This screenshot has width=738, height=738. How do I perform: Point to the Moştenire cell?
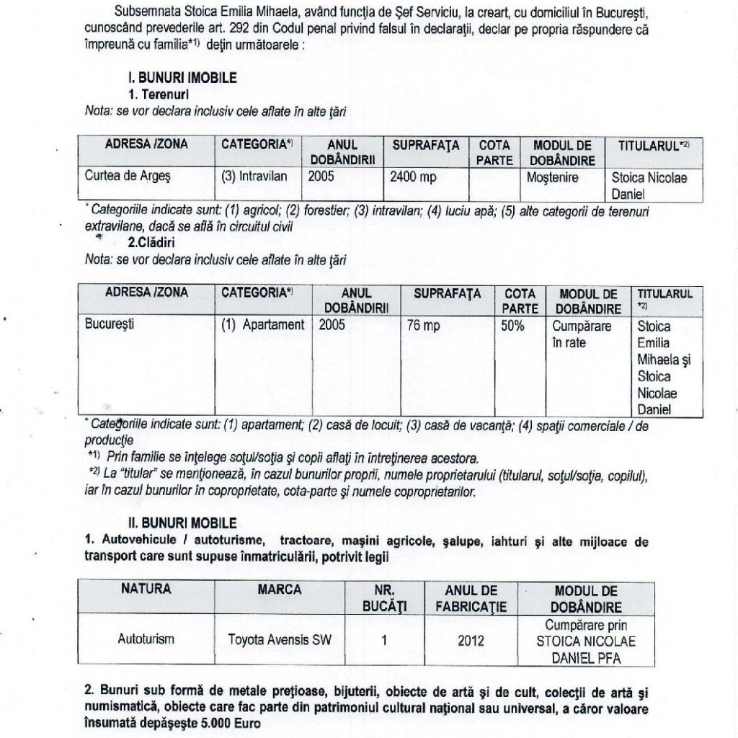(x=552, y=176)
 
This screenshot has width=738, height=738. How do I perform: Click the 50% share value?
(x=512, y=326)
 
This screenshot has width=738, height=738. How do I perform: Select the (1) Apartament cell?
(x=263, y=325)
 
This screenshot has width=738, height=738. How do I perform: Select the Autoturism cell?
(x=146, y=639)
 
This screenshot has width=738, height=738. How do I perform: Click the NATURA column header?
(x=146, y=590)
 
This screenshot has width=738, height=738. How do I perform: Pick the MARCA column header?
(x=280, y=590)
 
